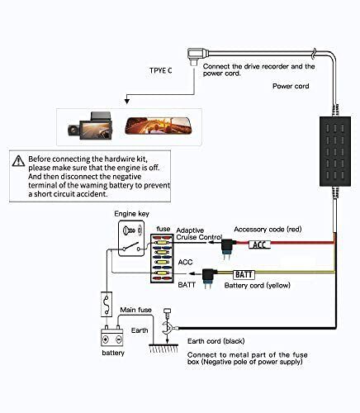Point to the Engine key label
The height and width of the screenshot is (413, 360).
coord(131,213)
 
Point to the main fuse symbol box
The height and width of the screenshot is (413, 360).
coord(106,303)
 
